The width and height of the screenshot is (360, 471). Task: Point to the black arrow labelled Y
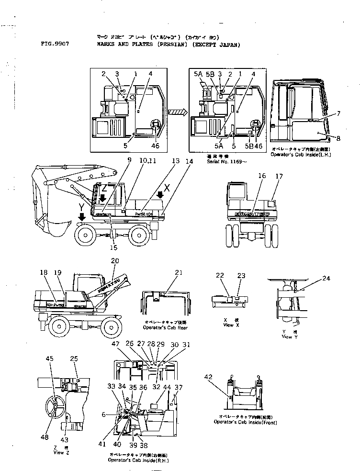82,217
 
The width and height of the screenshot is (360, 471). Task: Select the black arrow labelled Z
103,196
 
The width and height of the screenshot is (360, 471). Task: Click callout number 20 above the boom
114,261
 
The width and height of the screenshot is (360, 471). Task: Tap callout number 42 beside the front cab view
208,377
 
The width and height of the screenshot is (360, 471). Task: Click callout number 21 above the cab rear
179,273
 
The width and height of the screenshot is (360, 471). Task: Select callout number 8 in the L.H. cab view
338,138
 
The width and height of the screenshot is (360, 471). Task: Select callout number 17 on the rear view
279,177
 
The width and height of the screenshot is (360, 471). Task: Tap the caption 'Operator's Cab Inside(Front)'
247,422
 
